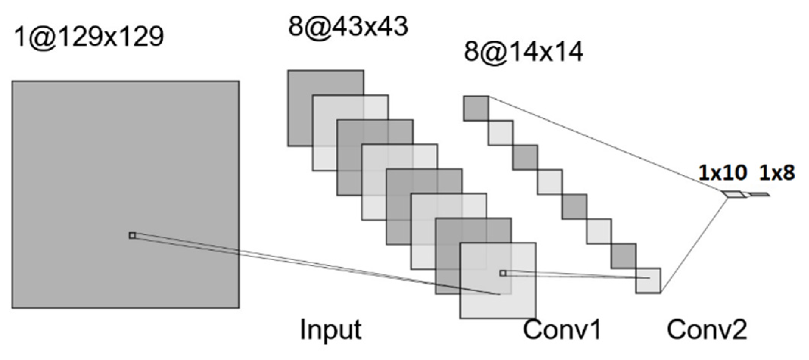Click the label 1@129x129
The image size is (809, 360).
(x=89, y=37)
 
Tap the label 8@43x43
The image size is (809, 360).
(x=348, y=26)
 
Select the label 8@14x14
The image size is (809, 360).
(x=523, y=52)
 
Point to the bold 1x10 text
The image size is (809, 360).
(x=722, y=173)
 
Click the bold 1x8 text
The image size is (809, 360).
(x=777, y=173)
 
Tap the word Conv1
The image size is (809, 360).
(x=562, y=329)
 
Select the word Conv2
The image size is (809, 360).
(x=707, y=329)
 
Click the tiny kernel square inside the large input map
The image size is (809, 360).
(x=132, y=235)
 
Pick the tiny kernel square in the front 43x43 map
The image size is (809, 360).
(x=503, y=273)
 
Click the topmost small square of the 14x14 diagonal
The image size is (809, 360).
(x=476, y=108)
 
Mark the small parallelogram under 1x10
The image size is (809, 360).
(x=734, y=195)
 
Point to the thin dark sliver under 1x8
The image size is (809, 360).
(x=759, y=195)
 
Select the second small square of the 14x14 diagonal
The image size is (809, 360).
(x=501, y=133)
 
